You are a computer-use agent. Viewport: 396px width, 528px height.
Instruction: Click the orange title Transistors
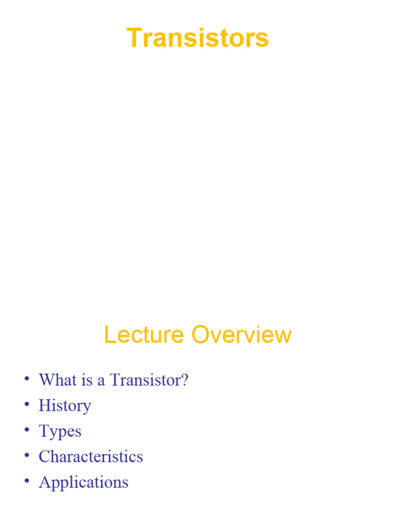click(197, 38)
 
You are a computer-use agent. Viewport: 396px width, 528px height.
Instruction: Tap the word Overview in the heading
click(241, 335)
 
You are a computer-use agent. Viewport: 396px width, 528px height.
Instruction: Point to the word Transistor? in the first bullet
click(149, 381)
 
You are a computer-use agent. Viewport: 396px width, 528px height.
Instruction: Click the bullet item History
click(64, 406)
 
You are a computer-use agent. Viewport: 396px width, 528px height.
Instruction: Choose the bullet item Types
click(60, 431)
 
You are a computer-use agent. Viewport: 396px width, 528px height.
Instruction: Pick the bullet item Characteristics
click(91, 456)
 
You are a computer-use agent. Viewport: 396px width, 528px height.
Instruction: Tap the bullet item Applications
click(84, 482)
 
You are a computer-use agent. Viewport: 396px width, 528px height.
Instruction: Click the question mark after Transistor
click(185, 381)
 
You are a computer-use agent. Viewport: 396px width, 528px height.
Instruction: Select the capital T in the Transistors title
click(134, 38)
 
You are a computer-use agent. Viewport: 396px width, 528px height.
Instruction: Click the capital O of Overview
click(201, 335)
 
